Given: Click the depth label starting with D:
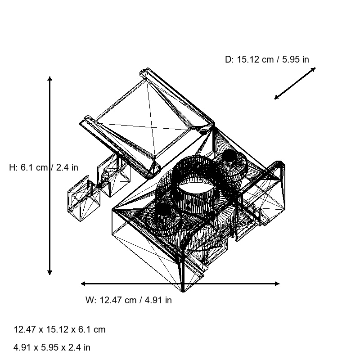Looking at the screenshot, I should pyautogui.click(x=267, y=59).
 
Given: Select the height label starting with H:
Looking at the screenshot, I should pyautogui.click(x=43, y=167).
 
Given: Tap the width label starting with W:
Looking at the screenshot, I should pyautogui.click(x=128, y=300).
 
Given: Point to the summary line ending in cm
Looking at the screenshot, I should pyautogui.click(x=59, y=329).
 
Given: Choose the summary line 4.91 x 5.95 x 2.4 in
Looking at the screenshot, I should pyautogui.click(x=52, y=347).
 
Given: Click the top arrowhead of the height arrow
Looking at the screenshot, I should pyautogui.click(x=49, y=79).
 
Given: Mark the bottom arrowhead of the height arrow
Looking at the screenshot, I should pyautogui.click(x=49, y=272).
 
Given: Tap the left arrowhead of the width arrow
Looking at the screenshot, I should pyautogui.click(x=83, y=283).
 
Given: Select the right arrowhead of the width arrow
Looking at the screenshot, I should pyautogui.click(x=277, y=283).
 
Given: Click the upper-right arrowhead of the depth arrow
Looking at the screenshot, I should pyautogui.click(x=314, y=69).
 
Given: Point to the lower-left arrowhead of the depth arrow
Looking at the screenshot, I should pyautogui.click(x=276, y=98).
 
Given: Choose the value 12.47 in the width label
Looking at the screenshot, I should pyautogui.click(x=111, y=300).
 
